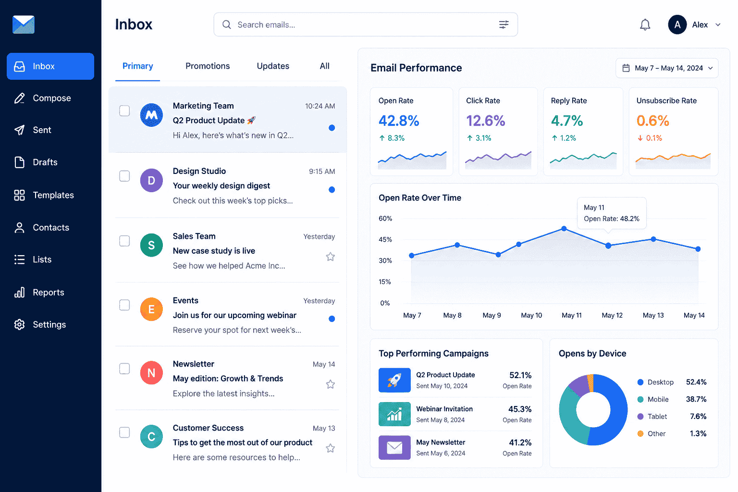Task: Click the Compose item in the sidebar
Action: point(50,98)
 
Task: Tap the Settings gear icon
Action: point(19,325)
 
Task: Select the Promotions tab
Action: point(208,66)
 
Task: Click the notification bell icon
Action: point(645,25)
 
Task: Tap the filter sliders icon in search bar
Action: point(504,25)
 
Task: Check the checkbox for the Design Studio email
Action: point(124,176)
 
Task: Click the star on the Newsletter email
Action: point(331,384)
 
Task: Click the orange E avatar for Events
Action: point(151,309)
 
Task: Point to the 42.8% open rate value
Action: point(399,121)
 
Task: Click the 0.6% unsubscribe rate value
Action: point(652,121)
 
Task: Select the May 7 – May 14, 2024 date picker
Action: point(667,68)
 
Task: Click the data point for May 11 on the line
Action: point(564,228)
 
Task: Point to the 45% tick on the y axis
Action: point(385,240)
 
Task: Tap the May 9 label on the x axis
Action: point(492,315)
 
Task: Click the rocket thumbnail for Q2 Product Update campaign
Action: point(394,380)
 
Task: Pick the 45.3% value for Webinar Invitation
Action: point(519,409)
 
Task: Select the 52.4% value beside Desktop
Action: point(696,382)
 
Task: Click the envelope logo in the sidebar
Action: point(24,25)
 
